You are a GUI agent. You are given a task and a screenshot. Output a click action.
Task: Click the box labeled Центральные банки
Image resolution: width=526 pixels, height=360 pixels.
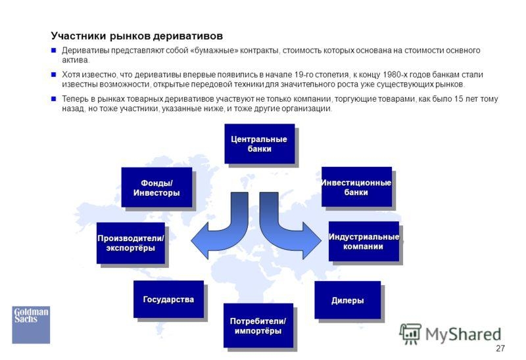[x=259, y=144]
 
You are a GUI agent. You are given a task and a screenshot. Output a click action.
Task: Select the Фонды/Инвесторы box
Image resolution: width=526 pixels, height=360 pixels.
[x=156, y=187]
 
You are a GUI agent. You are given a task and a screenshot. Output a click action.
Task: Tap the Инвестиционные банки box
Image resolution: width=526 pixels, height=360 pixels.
[x=356, y=187]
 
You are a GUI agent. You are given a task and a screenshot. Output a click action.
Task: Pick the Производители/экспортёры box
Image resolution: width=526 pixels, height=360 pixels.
[x=131, y=243]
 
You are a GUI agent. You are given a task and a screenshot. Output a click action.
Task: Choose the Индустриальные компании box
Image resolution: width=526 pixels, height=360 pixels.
[x=364, y=241]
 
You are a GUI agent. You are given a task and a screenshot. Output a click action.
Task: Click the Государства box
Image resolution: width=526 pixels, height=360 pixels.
[x=168, y=300]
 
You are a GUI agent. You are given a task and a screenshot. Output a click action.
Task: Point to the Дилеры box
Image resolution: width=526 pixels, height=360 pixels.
[x=348, y=300]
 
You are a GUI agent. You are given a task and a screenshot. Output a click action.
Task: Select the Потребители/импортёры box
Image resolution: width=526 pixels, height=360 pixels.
[x=258, y=325]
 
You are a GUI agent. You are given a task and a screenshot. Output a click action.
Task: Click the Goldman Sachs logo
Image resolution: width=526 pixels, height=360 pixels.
[x=31, y=325]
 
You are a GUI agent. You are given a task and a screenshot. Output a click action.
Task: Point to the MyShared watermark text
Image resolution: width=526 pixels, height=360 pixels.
[x=464, y=334]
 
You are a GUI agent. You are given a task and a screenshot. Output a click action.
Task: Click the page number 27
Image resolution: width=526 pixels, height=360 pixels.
[x=500, y=349]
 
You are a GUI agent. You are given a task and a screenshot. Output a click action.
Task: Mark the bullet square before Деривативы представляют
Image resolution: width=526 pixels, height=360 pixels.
[x=54, y=51]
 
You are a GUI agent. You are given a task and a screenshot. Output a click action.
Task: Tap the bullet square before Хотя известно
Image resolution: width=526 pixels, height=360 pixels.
[x=54, y=74]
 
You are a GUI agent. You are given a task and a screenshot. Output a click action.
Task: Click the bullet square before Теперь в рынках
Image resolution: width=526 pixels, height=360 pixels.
[x=54, y=99]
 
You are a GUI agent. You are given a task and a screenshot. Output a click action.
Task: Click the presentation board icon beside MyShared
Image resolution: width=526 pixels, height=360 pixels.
[x=410, y=334]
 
